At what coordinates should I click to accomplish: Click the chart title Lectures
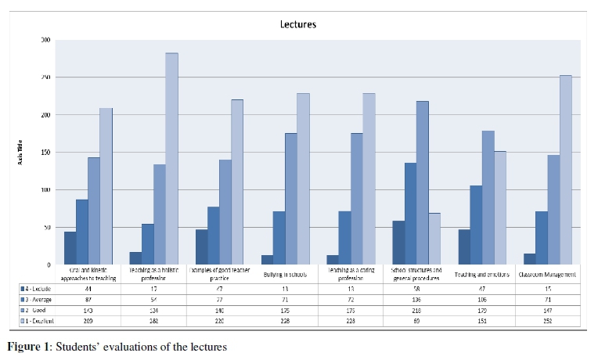[298, 23]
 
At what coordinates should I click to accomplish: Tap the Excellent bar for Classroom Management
[565, 170]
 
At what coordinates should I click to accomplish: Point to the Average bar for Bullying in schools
[279, 238]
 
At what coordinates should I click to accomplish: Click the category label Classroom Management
[548, 275]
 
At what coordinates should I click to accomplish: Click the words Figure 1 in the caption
[25, 347]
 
